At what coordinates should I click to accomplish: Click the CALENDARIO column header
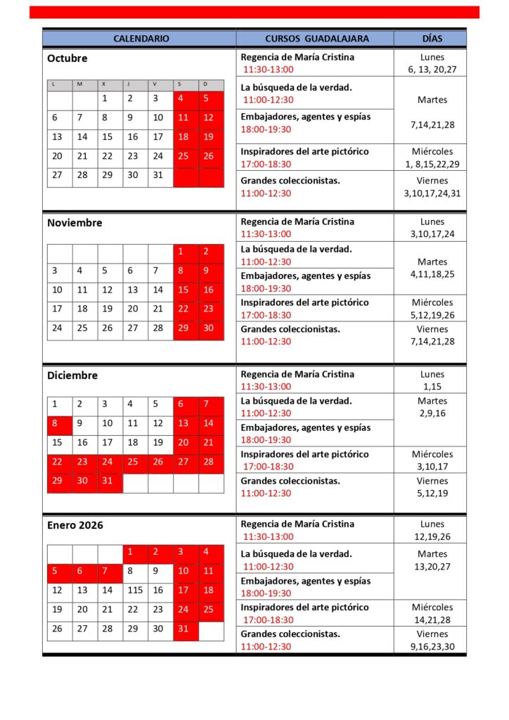pos(141,39)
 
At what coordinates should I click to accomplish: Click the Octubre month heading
pos(67,58)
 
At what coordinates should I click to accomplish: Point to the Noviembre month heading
pos(75,223)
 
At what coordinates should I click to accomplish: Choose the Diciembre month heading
pos(72,375)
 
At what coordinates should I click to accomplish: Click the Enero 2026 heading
pos(76,525)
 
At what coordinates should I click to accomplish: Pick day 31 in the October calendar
pos(157,175)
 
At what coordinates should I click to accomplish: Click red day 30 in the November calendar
pos(208,328)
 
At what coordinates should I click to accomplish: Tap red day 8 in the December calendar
pos(55,424)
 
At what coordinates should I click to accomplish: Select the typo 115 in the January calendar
pos(134,591)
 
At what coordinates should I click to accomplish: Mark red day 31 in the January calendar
pos(183,629)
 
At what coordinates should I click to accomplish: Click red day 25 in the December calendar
pos(132,462)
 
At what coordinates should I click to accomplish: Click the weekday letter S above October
pos(179,84)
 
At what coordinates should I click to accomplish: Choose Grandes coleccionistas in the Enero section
pos(290,634)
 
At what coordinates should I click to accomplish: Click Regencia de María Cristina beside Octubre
pos(297,57)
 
